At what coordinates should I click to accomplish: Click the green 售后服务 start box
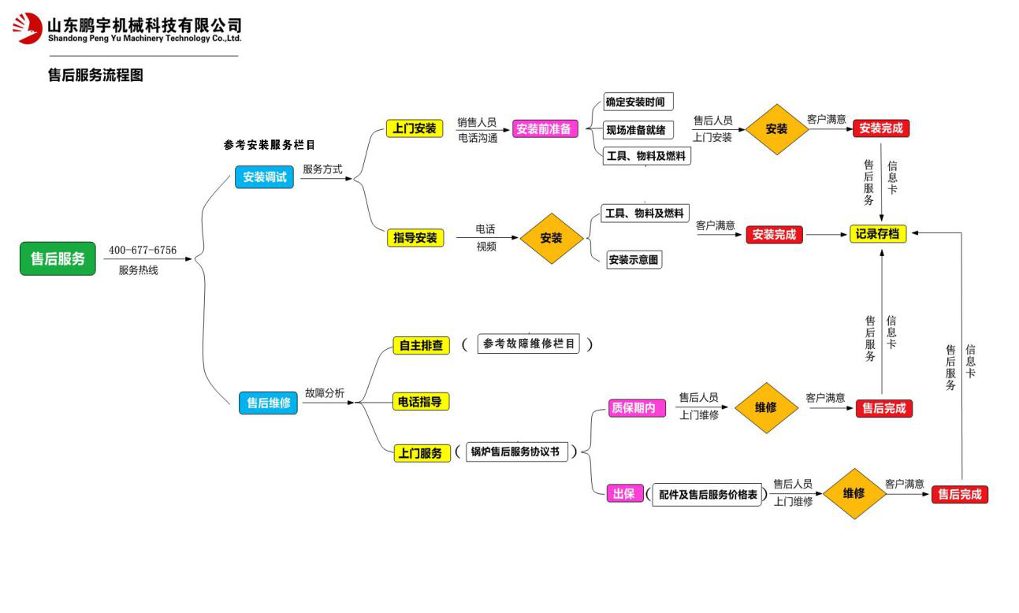point(58,258)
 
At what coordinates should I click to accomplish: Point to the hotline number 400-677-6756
point(143,251)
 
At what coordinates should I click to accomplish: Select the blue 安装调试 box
point(265,177)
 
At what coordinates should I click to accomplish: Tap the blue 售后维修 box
point(268,403)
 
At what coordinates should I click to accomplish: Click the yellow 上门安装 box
point(415,128)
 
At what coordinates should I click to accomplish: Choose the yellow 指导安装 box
point(415,237)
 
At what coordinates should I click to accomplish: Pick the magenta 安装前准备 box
point(544,129)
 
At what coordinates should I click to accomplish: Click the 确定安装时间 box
point(635,102)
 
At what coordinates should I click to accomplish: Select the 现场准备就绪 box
point(635,129)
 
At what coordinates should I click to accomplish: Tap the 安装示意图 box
point(634,259)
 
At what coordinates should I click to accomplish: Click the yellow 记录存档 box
point(877,233)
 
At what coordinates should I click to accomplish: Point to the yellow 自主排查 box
point(422,345)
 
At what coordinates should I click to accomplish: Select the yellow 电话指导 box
point(421,402)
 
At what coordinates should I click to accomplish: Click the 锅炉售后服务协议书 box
point(515,451)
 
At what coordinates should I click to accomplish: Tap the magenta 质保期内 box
point(633,408)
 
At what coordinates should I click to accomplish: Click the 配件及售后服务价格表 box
point(708,495)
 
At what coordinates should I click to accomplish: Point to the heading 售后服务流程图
point(95,76)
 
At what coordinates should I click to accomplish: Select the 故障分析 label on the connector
point(325,393)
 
